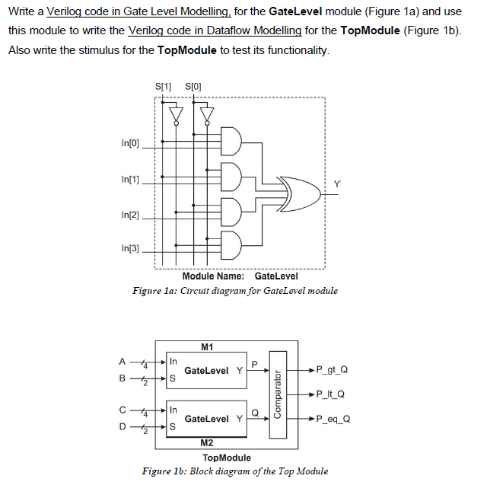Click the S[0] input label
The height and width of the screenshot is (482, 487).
(x=194, y=85)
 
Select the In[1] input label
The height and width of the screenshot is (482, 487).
(x=131, y=179)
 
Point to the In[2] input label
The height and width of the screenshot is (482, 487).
(x=131, y=215)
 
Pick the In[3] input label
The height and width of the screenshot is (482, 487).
(x=131, y=248)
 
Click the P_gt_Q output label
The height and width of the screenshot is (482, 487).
(x=333, y=369)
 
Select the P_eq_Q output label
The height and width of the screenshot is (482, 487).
(x=333, y=418)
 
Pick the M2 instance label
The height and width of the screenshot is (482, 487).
(x=206, y=442)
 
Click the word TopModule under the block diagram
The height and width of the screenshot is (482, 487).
(x=227, y=457)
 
